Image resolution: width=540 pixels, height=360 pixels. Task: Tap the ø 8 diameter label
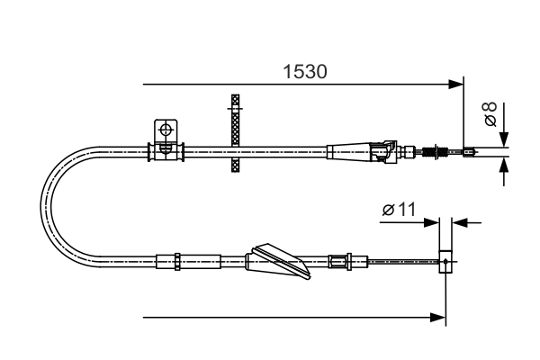click(490, 114)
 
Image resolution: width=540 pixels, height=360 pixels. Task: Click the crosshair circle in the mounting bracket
click(165, 130)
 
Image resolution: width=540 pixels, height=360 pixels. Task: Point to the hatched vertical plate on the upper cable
click(236, 133)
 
